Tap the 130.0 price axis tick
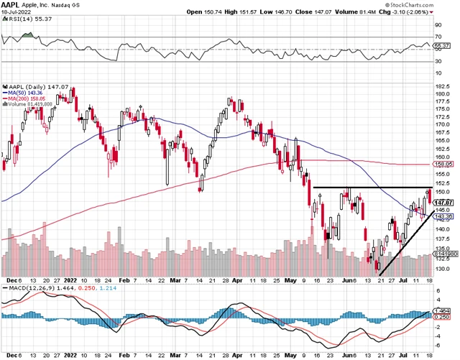(443, 269)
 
